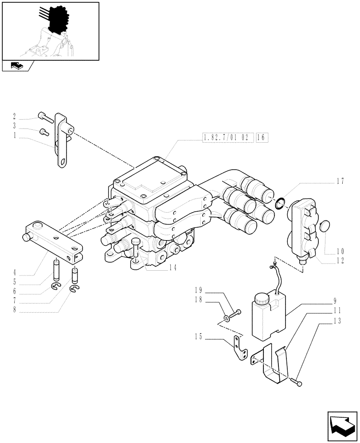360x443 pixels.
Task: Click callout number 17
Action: (340, 180)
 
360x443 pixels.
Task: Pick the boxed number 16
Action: (261, 138)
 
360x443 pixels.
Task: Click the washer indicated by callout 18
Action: (227, 318)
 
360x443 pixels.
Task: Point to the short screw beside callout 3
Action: (43, 132)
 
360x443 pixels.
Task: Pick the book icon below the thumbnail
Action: (16, 66)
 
